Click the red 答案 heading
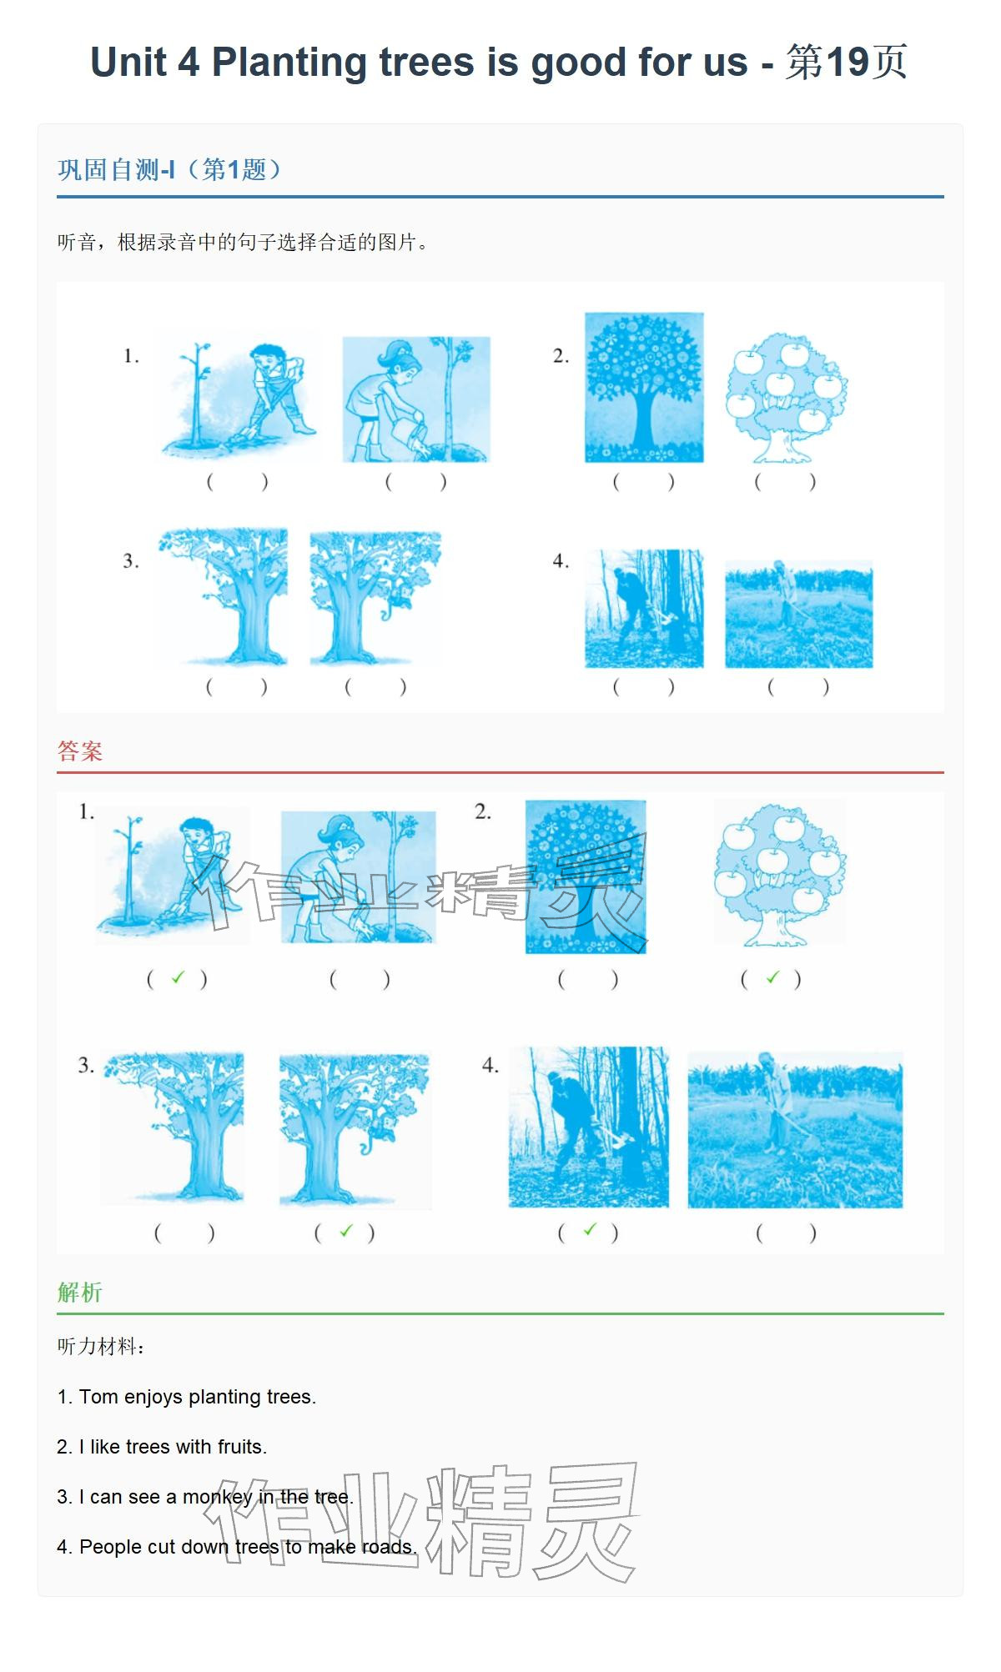tap(80, 751)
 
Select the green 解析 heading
tap(80, 1293)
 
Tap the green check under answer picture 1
tap(177, 977)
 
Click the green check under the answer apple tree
tap(772, 977)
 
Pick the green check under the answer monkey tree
tap(346, 1231)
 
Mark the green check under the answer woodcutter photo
tap(590, 1229)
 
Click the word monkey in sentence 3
tap(218, 1497)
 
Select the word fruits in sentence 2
tap(240, 1447)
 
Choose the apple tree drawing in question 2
tap(786, 397)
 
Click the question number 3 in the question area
tap(131, 561)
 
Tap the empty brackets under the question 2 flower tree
tap(643, 482)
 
